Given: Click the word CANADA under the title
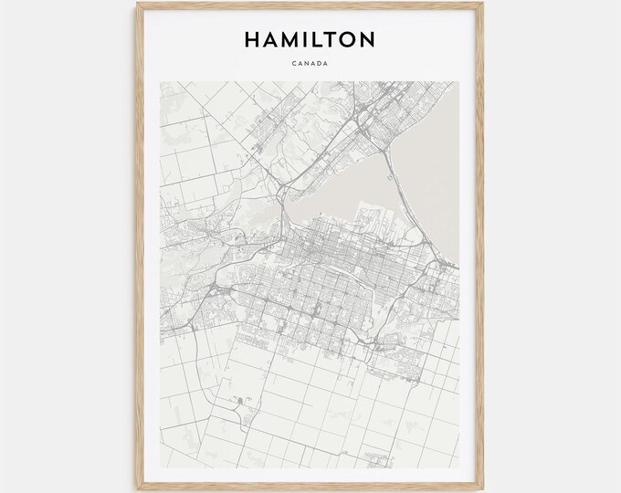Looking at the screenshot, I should tap(310, 64).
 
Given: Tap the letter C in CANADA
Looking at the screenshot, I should tap(296, 64).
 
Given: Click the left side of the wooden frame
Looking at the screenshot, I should tap(141, 246).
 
